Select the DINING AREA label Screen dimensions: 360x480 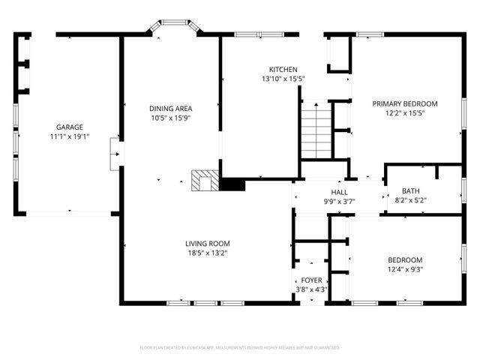click(171, 108)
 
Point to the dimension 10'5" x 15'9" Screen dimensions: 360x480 click(171, 118)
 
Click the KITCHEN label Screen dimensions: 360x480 click(283, 69)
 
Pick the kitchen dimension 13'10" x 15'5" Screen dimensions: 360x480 click(283, 79)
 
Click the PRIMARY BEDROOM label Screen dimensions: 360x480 click(405, 103)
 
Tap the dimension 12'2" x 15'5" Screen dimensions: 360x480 click(405, 113)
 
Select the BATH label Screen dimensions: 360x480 click(410, 190)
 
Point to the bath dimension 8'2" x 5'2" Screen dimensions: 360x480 click(410, 200)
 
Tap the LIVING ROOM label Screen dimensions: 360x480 click(208, 243)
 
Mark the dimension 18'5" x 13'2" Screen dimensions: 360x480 click(208, 253)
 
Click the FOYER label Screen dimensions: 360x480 click(311, 280)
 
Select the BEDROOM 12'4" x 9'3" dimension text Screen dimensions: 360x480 click(405, 269)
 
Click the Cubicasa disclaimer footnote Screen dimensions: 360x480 click(240, 347)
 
